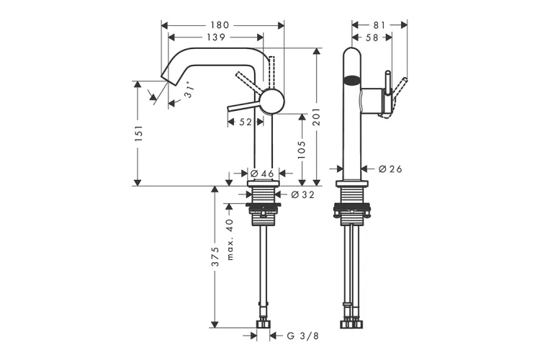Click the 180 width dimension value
tap(220, 25)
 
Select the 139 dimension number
tap(216, 37)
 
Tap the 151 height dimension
tap(138, 133)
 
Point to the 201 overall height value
tap(317, 117)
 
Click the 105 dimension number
tap(302, 150)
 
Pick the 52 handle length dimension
tap(245, 122)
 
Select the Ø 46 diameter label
tap(262, 174)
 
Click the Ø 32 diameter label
tap(302, 195)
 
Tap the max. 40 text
tap(230, 240)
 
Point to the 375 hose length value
tap(215, 256)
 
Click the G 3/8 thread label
tap(302, 336)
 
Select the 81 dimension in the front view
tap(379, 25)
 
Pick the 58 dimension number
tap(372, 37)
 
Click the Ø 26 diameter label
tap(390, 169)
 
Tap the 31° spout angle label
tap(189, 90)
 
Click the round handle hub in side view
tap(271, 102)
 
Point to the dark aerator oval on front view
tap(352, 81)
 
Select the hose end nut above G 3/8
tap(264, 324)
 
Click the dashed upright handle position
tap(271, 72)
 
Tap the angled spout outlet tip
tap(165, 78)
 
